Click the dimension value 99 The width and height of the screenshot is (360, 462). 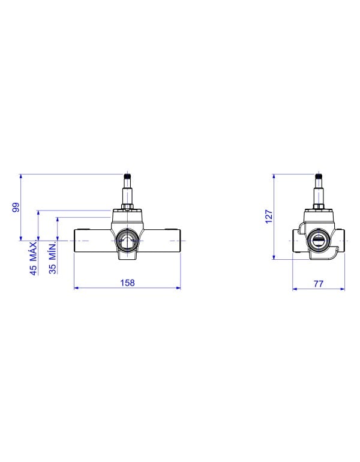pyautogui.click(x=16, y=207)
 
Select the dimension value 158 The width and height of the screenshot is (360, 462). pyautogui.click(x=127, y=283)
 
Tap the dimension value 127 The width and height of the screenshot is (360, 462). pyautogui.click(x=269, y=217)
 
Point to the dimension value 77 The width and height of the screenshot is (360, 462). pyautogui.click(x=319, y=284)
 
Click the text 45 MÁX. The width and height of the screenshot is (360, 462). pyautogui.click(x=34, y=258)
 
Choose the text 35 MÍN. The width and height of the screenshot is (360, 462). pyautogui.click(x=53, y=259)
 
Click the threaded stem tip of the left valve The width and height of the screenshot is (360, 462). pyautogui.click(x=127, y=176)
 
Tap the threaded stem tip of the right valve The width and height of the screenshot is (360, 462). pyautogui.click(x=318, y=176)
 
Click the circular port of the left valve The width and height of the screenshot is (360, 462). pyautogui.click(x=127, y=241)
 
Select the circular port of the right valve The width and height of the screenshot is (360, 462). pyautogui.click(x=318, y=241)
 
